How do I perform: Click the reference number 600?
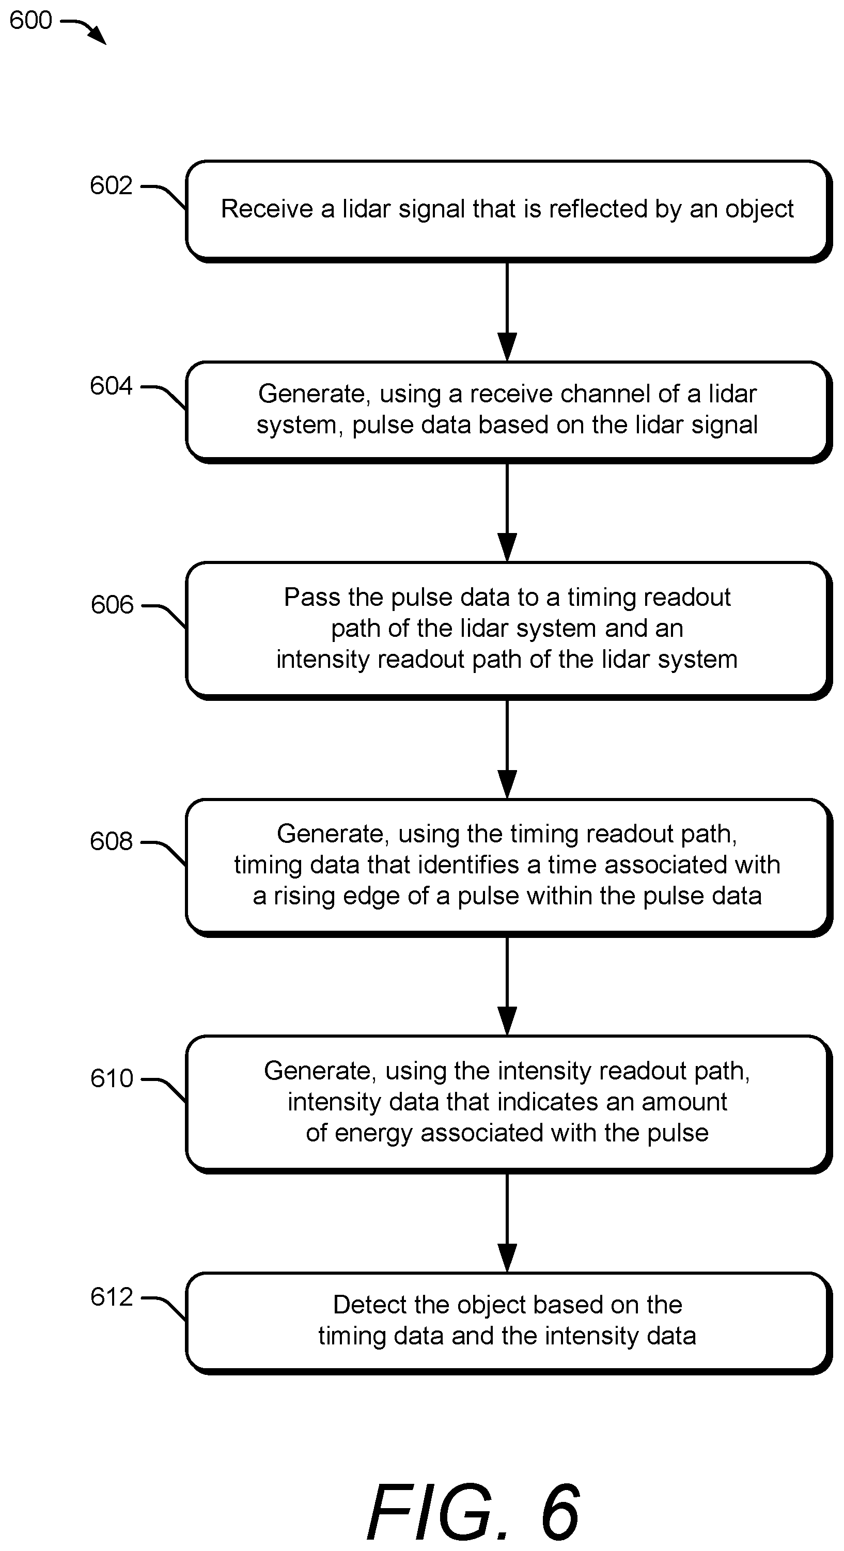coord(30,21)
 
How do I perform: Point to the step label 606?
coord(112,604)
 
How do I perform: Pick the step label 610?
coord(112,1078)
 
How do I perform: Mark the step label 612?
coord(112,1296)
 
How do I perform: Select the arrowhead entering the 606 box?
coord(507,547)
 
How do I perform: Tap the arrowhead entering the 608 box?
coord(507,785)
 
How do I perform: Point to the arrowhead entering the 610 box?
coord(507,1021)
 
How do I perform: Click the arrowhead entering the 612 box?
coord(507,1258)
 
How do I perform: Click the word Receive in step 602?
coord(267,209)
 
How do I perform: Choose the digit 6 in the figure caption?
coord(560,1511)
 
